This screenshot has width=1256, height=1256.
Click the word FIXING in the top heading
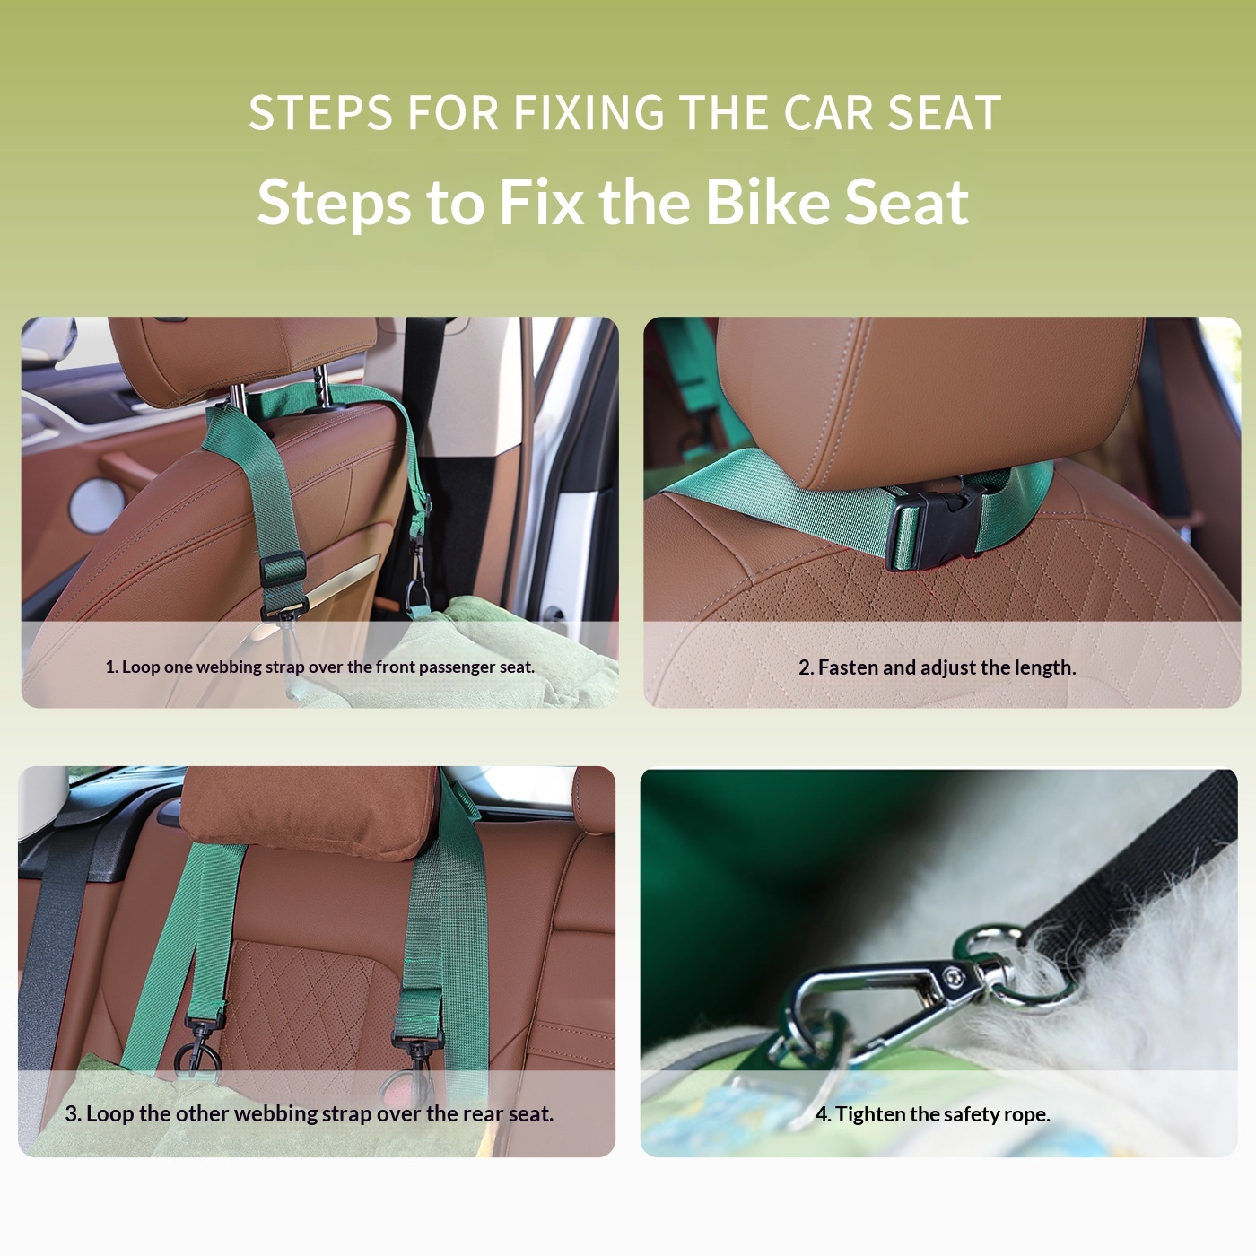click(589, 113)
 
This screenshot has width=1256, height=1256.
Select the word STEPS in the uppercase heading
click(320, 113)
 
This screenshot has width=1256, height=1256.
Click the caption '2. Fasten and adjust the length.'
click(938, 667)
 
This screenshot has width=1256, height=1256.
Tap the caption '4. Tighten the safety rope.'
click(933, 1114)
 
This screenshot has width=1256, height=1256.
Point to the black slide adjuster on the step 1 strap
click(283, 569)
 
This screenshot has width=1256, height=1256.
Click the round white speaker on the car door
click(97, 505)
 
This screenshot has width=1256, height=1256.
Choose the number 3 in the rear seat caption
click(72, 1114)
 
